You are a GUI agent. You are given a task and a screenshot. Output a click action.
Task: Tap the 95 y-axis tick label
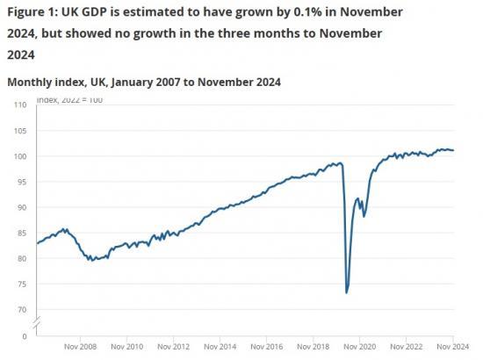(20, 182)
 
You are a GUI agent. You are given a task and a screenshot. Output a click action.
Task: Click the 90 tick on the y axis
(20, 207)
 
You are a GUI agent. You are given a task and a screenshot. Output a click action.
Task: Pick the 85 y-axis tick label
(20, 233)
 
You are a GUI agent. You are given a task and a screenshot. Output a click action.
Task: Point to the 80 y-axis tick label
(20, 258)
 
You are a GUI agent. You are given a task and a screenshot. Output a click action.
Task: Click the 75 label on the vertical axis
(20, 284)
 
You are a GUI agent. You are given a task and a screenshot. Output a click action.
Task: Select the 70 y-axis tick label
(20, 309)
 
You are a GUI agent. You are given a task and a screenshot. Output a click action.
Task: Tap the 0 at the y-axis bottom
(24, 335)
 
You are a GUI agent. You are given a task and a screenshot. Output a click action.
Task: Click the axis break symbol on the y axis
(36, 325)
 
